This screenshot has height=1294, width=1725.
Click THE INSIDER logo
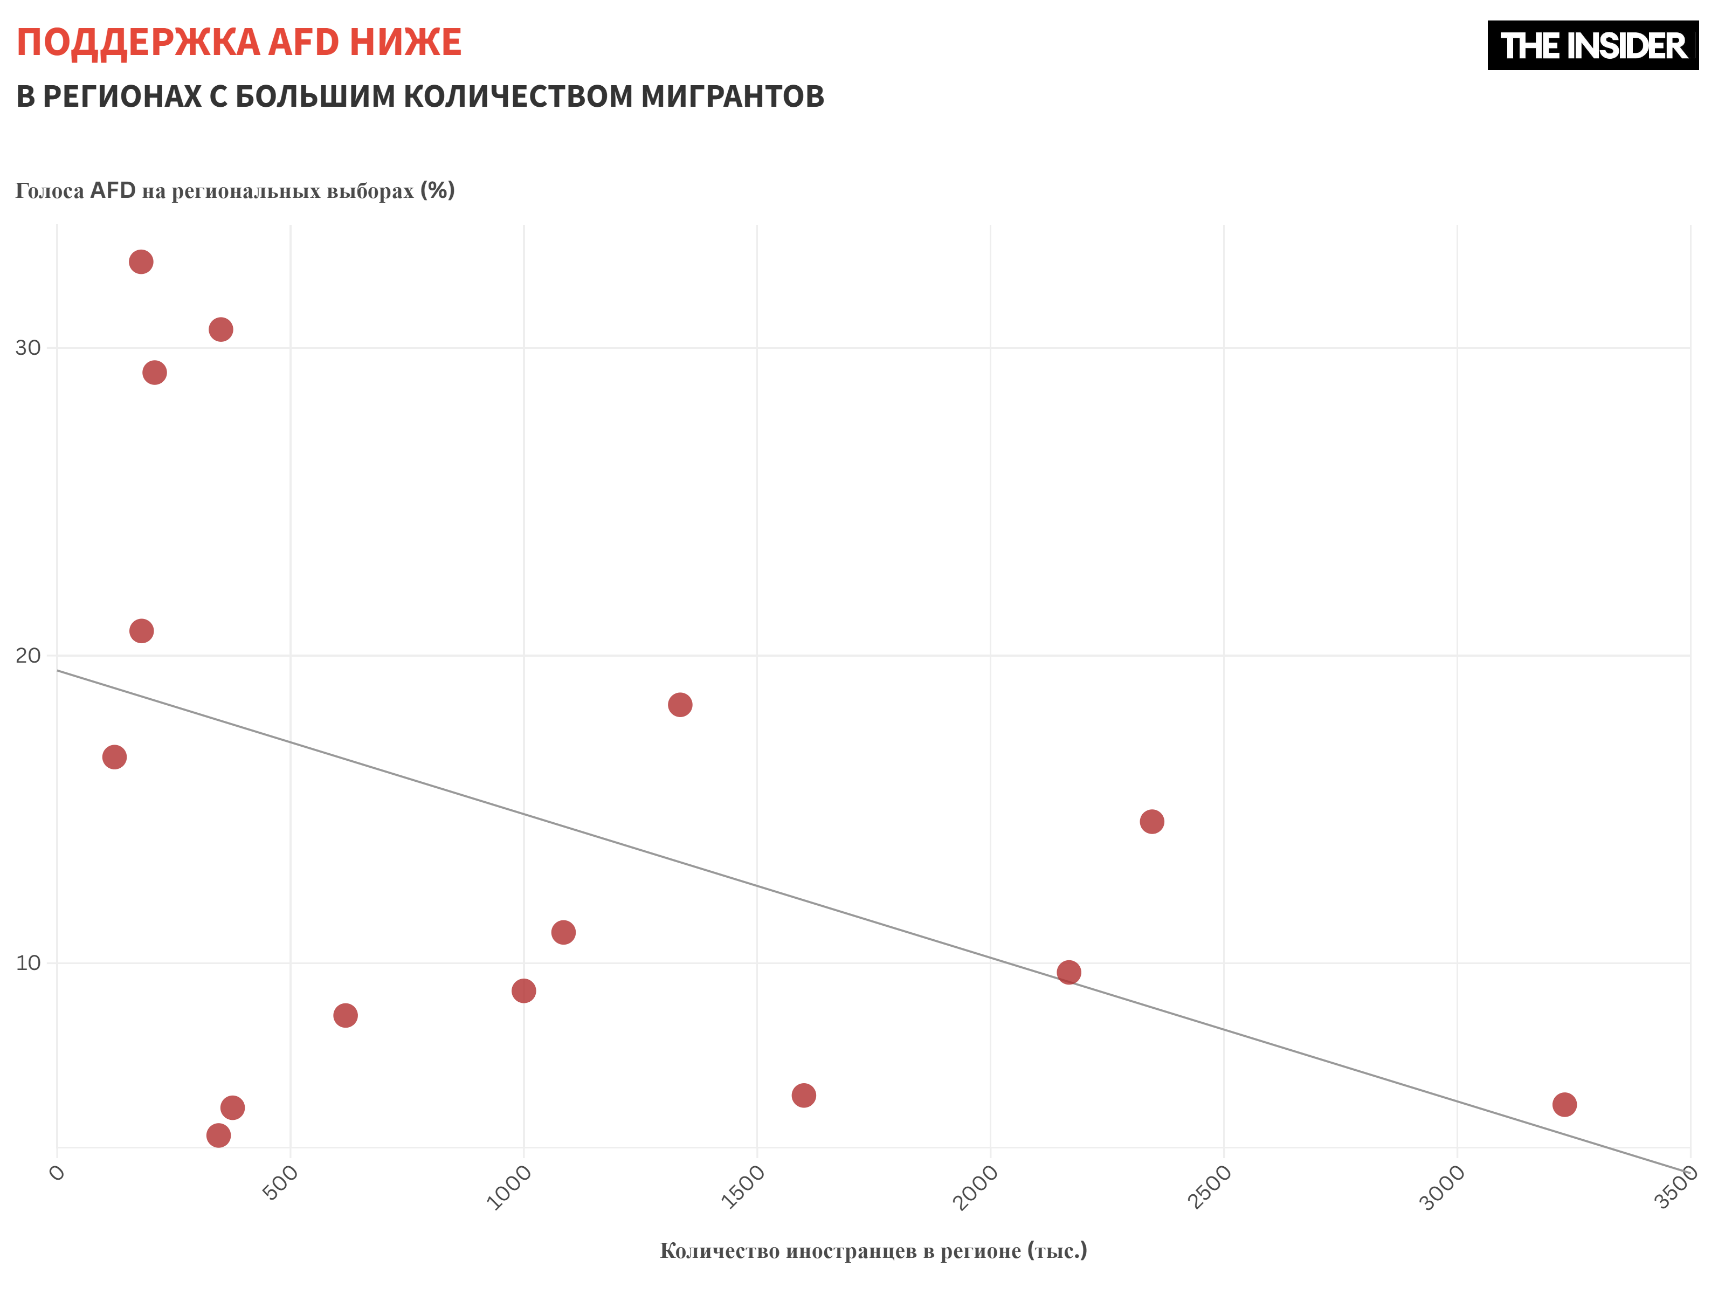click(x=1592, y=45)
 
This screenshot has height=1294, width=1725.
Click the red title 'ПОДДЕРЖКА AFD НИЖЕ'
click(x=239, y=42)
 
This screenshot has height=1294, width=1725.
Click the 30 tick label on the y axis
click(x=28, y=348)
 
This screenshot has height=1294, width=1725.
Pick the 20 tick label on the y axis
click(x=28, y=655)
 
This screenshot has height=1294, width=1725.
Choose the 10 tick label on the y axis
click(x=28, y=962)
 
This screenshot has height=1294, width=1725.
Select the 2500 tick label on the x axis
click(x=1210, y=1186)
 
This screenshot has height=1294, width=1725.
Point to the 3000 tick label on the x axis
click(x=1443, y=1186)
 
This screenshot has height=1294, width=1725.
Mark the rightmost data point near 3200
click(x=1564, y=1104)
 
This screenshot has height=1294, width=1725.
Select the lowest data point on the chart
click(x=218, y=1135)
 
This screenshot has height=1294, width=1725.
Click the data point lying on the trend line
click(x=1068, y=972)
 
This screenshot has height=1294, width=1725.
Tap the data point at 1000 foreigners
click(x=524, y=990)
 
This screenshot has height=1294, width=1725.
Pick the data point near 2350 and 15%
click(x=1152, y=821)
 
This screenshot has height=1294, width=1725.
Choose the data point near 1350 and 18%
click(x=680, y=704)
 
